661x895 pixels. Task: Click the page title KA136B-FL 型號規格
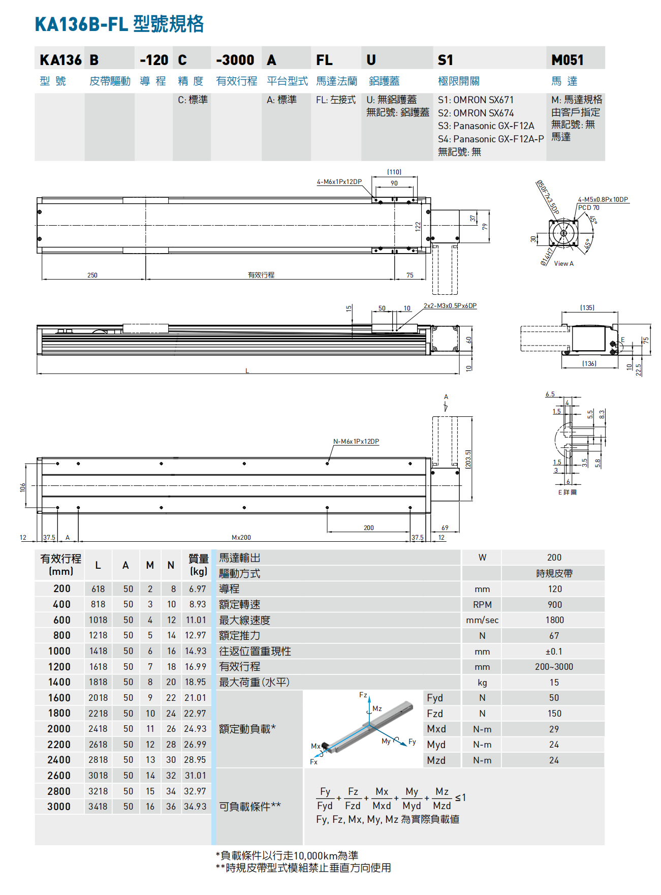pos(119,24)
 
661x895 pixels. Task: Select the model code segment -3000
pos(235,60)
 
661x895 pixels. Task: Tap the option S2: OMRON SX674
pos(476,113)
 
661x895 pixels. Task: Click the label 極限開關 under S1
pos(458,81)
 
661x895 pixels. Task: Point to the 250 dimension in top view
pos(92,275)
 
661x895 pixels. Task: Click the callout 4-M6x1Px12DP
pos(339,181)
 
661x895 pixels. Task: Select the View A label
pos(563,263)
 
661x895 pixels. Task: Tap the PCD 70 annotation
pos(588,207)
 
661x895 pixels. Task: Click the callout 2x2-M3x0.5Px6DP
pos(450,305)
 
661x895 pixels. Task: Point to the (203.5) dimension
pos(468,459)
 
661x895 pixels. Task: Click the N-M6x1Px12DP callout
pos(356,441)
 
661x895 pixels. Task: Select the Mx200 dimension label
pos(241,537)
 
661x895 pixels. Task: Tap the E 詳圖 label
pos(567,492)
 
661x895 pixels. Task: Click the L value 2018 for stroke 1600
pos(98,698)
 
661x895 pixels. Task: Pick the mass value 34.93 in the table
pos(195,807)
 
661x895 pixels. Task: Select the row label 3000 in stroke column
pos(59,807)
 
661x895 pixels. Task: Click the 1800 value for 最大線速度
pos(554,620)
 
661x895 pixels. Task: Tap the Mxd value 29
pos(554,729)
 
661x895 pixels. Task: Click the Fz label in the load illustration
pos(363,695)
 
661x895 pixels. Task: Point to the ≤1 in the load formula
pos(460,797)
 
